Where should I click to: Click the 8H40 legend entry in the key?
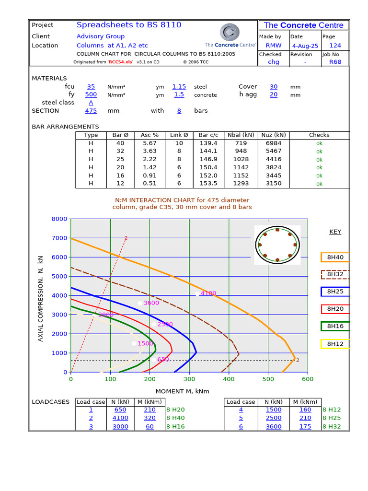(335, 257)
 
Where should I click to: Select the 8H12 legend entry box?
(335, 344)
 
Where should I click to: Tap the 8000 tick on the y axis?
(59, 219)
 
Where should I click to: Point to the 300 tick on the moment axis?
(189, 379)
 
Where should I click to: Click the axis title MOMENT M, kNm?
(182, 391)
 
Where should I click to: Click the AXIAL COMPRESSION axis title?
(41, 299)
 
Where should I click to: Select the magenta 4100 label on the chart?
(208, 293)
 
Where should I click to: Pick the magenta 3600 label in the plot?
(151, 303)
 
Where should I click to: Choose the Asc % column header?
(150, 135)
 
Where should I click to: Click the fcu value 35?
(91, 87)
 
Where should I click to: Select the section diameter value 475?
(91, 111)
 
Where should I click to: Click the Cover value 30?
(273, 87)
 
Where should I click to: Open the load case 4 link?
(241, 410)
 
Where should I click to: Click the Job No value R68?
(335, 62)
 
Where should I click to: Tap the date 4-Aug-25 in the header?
(305, 46)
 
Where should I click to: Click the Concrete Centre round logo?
(230, 32)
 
